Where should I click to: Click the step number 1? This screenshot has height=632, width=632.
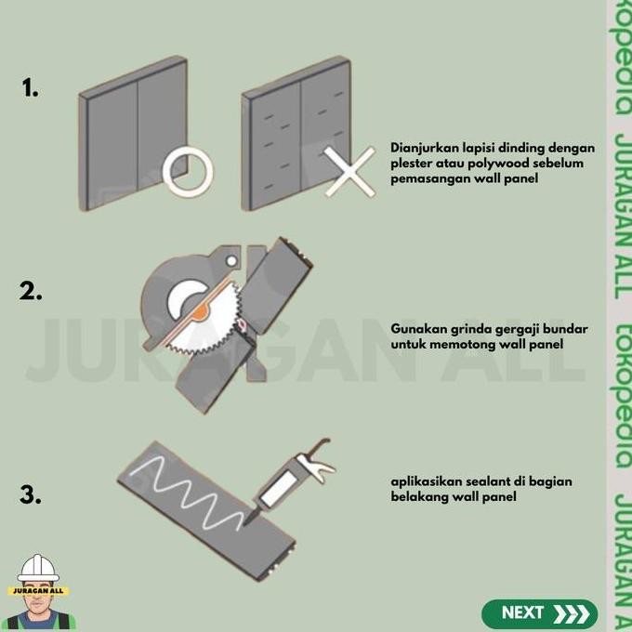(x=30, y=88)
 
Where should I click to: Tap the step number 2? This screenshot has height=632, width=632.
(x=31, y=291)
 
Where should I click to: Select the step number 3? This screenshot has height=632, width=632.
(x=31, y=495)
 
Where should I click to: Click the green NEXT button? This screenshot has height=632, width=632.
(x=539, y=613)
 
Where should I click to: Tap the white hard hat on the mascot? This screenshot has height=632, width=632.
(x=38, y=568)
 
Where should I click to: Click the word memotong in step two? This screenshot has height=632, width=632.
(x=473, y=345)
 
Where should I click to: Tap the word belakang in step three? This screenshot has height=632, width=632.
(x=419, y=497)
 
